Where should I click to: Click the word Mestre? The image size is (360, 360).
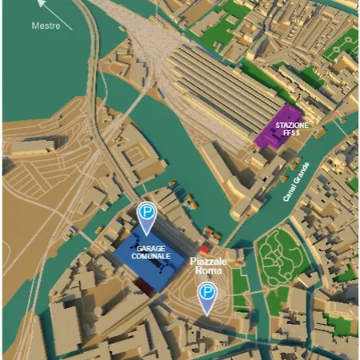tap(46, 26)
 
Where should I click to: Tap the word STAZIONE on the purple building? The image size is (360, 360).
tap(290, 126)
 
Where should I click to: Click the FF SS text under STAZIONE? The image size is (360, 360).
tap(290, 134)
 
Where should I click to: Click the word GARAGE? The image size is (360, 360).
tap(150, 249)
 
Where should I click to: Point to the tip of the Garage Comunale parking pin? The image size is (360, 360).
tap(146, 234)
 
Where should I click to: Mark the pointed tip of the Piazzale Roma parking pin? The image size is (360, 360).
tap(208, 314)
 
